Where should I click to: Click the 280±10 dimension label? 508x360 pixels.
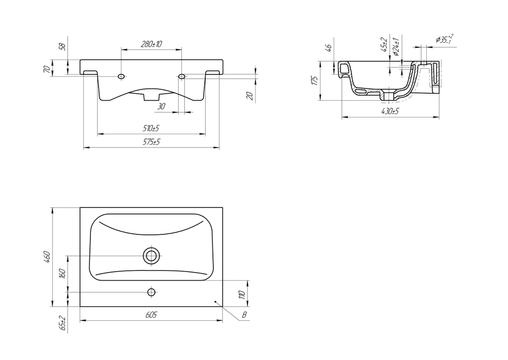151,44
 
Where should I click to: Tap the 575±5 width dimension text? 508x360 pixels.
151,142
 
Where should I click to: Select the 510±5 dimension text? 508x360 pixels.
151,128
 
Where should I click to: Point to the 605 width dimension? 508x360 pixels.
151,315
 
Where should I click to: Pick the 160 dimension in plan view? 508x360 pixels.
63,274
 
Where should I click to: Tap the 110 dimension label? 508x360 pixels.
242,294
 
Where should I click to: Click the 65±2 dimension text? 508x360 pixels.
62,323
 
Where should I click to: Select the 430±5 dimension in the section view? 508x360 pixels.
390,111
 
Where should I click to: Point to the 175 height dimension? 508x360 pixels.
314,80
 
